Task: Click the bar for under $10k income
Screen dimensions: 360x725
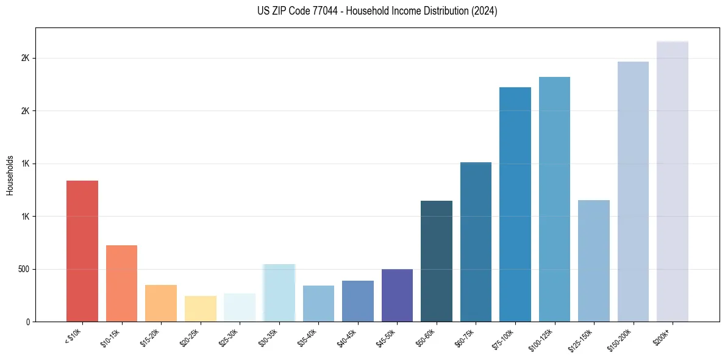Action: pos(82,251)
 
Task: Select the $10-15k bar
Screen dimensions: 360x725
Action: pos(121,283)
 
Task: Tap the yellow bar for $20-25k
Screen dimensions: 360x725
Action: pos(200,309)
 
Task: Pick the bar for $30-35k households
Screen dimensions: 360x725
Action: pos(279,293)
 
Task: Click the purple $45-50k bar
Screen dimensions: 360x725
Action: pos(397,295)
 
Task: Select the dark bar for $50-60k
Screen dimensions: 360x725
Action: pos(437,261)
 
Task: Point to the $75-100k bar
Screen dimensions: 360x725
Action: pos(515,204)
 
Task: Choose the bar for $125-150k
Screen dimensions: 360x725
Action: pos(594,261)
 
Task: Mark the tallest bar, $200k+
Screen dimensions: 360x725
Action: pos(673,181)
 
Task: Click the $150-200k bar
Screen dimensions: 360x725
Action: pos(633,192)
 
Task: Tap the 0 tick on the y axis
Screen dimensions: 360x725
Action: pos(27,322)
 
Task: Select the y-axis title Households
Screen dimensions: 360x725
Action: pos(10,175)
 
